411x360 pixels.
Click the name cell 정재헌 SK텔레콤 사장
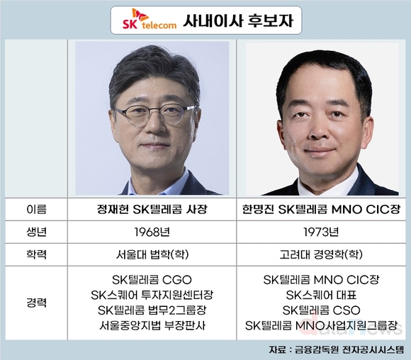pyautogui.click(x=152, y=209)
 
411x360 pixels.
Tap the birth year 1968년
pyautogui.click(x=152, y=231)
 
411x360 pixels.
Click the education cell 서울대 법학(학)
pyautogui.click(x=152, y=253)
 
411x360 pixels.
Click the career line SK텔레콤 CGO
pyautogui.click(x=152, y=279)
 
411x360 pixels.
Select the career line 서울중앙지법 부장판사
pyautogui.click(x=152, y=326)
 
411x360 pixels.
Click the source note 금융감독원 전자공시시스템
pyautogui.click(x=347, y=349)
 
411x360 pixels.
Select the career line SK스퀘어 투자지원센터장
pyautogui.click(x=152, y=294)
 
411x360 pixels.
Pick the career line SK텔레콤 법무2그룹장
pyautogui.click(x=152, y=310)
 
